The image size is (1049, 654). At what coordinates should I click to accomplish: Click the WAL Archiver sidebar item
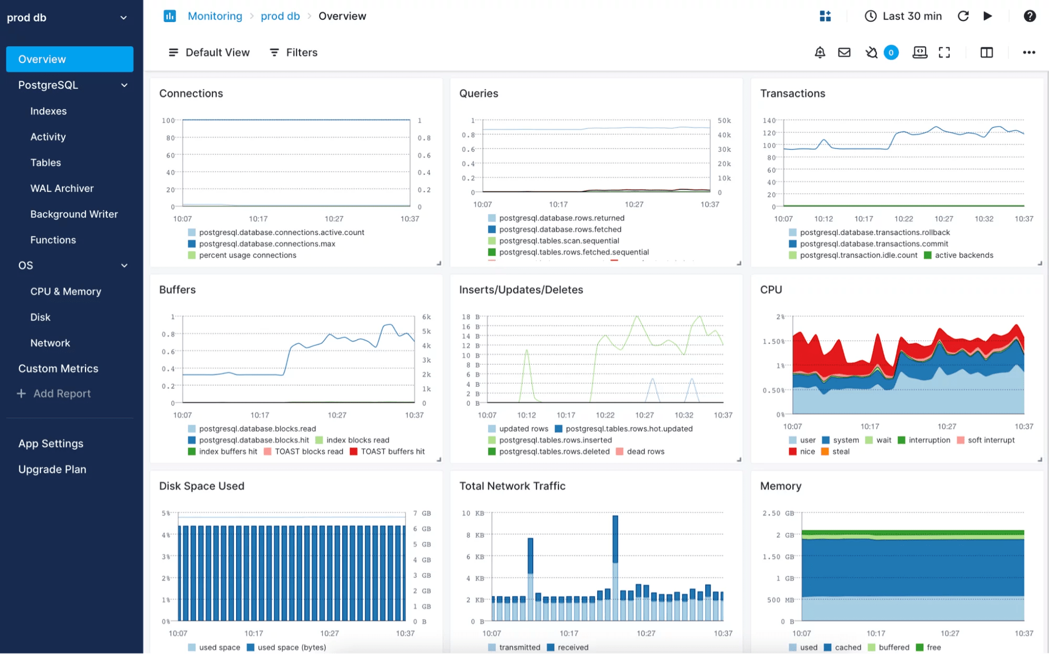pos(62,188)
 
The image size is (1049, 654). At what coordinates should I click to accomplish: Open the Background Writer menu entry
pos(74,214)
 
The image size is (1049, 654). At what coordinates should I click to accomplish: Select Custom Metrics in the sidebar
pos(58,368)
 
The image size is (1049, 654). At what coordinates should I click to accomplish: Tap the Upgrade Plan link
pos(52,469)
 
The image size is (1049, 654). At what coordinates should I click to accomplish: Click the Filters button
pos(293,52)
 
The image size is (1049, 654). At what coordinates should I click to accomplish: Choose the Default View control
pos(209,52)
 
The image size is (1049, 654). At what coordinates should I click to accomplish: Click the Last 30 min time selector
pos(903,16)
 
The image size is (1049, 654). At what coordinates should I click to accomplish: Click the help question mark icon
pos(1030,16)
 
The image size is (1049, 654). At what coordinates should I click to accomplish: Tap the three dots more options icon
pos(1029,52)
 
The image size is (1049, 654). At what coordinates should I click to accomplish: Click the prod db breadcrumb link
pos(280,16)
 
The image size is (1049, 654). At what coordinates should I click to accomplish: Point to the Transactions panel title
pos(792,93)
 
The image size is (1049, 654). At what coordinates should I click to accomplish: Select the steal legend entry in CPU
pos(840,452)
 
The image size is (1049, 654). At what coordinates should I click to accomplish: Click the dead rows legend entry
pos(645,452)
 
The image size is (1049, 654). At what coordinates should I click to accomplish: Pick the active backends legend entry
pos(963,256)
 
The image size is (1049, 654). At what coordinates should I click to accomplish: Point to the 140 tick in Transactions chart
pos(769,121)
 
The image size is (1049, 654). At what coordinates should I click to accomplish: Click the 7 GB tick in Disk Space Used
pos(422,513)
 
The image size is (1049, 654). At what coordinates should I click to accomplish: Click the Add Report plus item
pos(55,394)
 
